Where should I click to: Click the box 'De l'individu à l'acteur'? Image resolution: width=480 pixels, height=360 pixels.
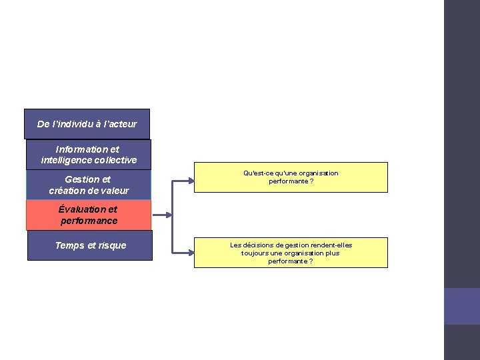coord(87,124)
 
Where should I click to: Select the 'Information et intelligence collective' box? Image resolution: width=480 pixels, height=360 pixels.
coord(89,155)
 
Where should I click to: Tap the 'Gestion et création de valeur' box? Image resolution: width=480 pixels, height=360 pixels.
coord(89,185)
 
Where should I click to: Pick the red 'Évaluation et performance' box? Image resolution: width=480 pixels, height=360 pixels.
coord(89,215)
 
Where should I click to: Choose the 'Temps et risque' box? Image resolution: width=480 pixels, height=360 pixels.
coord(90,245)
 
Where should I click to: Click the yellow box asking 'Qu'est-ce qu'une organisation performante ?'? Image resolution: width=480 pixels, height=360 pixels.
coord(291,177)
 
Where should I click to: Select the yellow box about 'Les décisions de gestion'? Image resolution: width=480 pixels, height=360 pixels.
coord(291,253)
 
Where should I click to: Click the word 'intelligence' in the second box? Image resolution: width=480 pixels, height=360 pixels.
coord(67,160)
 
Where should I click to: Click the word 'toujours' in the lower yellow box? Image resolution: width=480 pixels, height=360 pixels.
coord(255,253)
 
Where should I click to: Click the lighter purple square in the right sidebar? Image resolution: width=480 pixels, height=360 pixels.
coord(461,306)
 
